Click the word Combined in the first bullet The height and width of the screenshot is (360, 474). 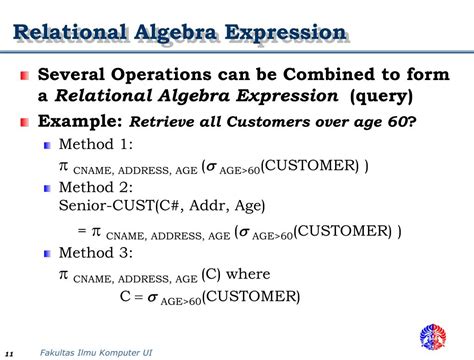click(322, 75)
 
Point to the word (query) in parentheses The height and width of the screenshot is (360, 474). click(379, 97)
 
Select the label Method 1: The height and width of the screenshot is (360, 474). click(94, 145)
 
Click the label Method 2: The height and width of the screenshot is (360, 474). click(94, 187)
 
